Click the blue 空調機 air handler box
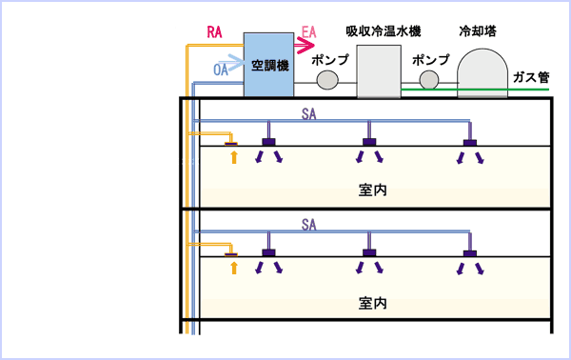point(268,65)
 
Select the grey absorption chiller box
point(382,71)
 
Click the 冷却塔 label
point(485,30)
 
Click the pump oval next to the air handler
point(327,81)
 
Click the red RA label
point(215,31)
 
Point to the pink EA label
point(308,32)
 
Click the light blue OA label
point(221,70)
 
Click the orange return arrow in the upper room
point(233,157)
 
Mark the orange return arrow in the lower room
point(233,269)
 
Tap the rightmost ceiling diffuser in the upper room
point(468,144)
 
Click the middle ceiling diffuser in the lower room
point(367,254)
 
